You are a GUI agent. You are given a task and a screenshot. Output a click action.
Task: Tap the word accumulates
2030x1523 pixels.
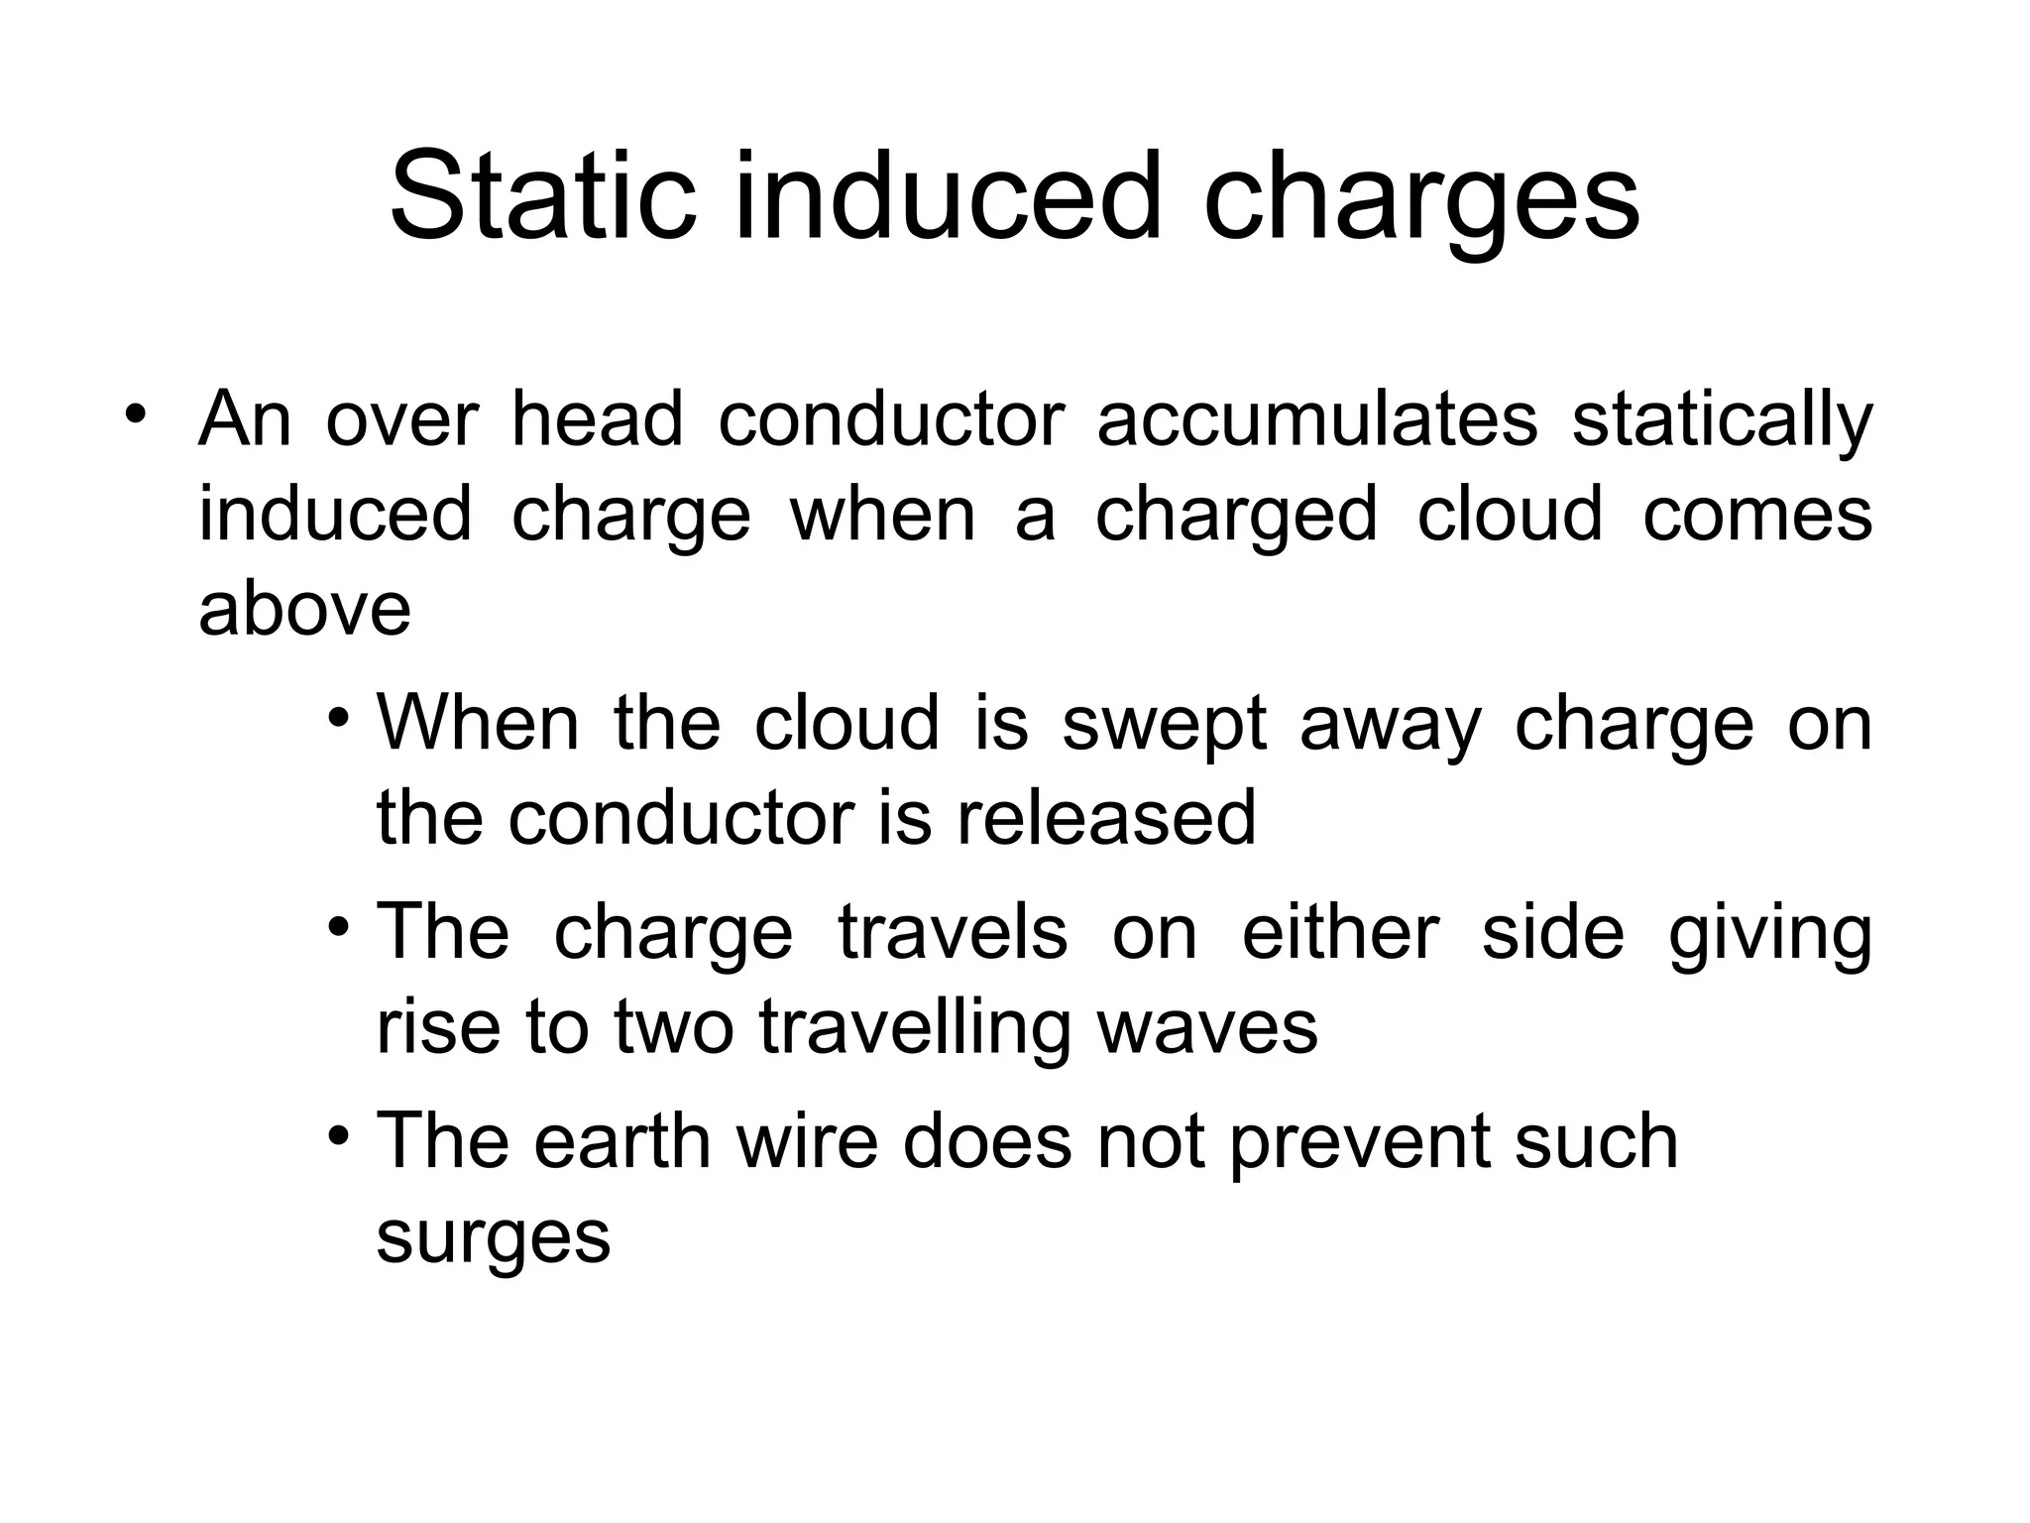pyautogui.click(x=1317, y=418)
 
